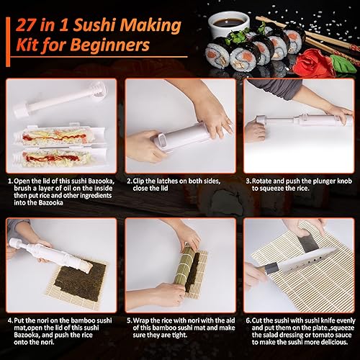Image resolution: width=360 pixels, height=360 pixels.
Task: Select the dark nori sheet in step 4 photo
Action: coord(82,274)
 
